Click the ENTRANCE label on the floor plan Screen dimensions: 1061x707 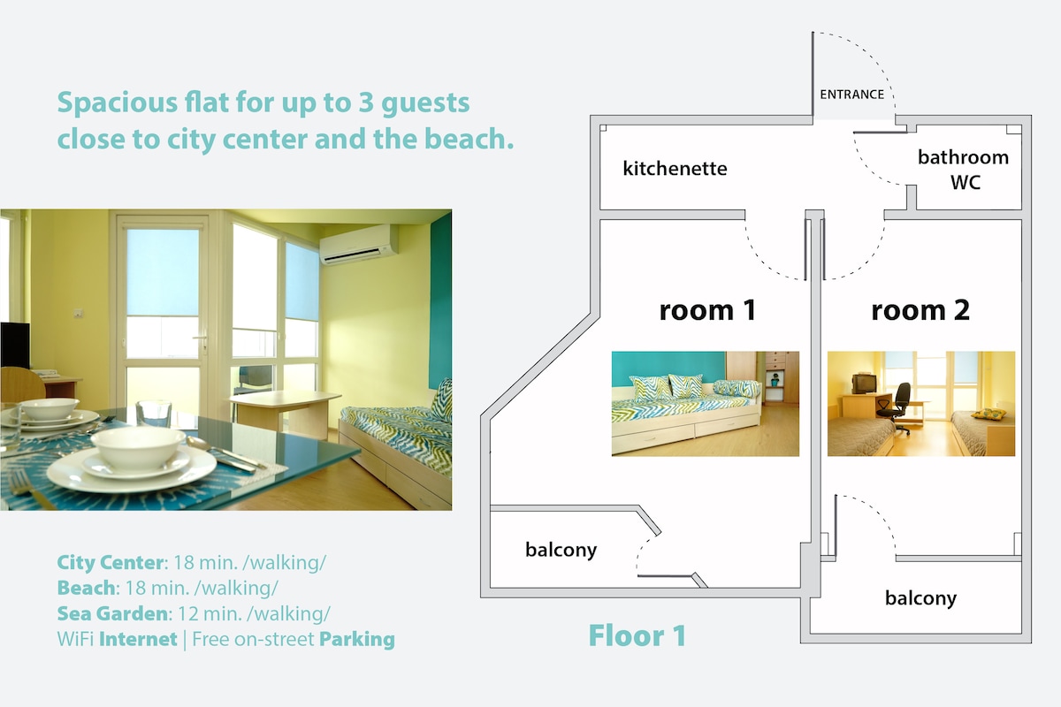tap(851, 95)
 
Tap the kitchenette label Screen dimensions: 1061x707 tap(675, 169)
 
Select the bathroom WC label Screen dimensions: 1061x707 tap(964, 170)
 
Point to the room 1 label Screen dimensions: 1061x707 tap(707, 311)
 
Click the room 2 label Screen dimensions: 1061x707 tap(920, 311)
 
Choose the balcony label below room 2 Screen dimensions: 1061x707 tap(920, 598)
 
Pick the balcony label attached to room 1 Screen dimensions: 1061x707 tap(561, 550)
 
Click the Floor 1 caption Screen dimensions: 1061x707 tap(637, 635)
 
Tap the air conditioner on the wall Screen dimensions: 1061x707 tap(359, 244)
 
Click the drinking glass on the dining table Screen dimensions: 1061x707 tap(154, 414)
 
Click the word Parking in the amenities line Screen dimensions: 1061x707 tap(357, 639)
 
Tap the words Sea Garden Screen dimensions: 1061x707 tap(112, 613)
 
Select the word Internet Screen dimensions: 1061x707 tap(138, 639)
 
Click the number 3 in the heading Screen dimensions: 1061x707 tap(366, 103)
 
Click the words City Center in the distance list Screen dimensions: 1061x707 tap(111, 563)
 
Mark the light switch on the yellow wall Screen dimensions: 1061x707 tap(78, 313)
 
